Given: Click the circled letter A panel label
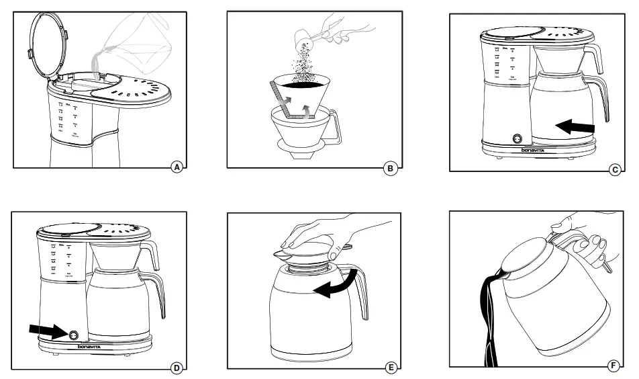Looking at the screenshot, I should tap(177, 167).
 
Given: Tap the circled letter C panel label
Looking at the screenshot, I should tap(614, 170).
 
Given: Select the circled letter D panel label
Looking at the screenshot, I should tap(177, 367).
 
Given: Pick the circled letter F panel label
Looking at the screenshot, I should tap(611, 366).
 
